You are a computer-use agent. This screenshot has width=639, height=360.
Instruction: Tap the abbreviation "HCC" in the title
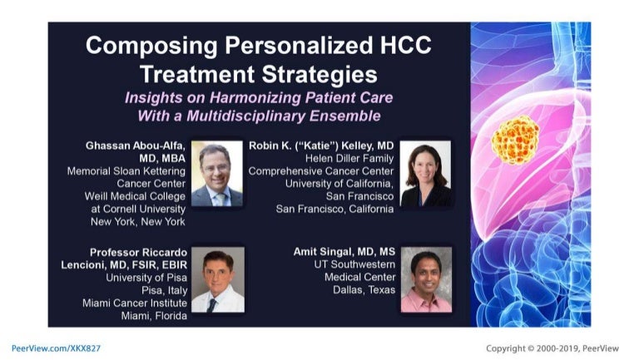406,45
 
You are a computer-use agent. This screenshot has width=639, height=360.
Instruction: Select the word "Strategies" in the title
319,76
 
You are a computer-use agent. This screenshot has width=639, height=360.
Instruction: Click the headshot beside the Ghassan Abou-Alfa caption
217,174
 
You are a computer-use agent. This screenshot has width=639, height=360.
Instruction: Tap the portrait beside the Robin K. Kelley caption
425,174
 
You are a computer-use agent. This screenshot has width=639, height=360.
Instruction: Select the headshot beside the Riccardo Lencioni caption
218,280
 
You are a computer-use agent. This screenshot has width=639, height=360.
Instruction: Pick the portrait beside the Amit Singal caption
426,280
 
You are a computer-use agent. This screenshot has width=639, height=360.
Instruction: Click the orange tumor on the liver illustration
515,140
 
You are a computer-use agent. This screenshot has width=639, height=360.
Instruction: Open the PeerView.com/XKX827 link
56,348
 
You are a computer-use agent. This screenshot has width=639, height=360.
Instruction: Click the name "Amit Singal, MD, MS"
344,252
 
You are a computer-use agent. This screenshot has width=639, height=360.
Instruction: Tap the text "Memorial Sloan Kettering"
126,171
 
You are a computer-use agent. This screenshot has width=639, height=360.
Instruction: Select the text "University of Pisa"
146,278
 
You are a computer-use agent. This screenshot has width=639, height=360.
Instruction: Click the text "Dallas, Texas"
364,290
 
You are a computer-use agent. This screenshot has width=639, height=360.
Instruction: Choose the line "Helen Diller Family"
349,159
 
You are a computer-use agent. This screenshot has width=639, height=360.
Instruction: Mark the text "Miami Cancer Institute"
135,303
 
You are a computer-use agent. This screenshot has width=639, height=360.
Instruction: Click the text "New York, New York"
138,222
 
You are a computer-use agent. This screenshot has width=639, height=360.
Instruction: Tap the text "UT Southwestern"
354,264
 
